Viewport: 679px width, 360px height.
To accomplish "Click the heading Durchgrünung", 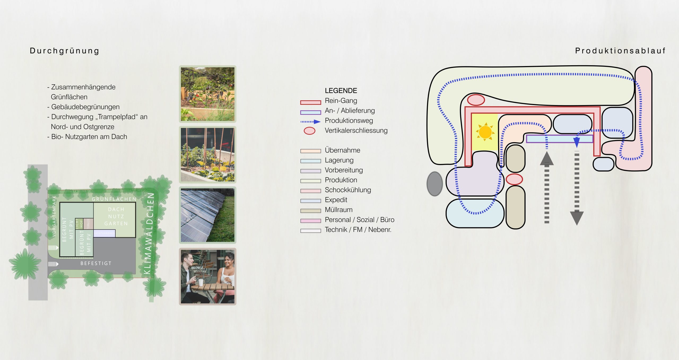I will (x=64, y=51).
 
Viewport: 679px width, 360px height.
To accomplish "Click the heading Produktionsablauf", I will (x=620, y=51).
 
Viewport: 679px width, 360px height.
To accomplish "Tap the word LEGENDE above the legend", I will (x=341, y=91).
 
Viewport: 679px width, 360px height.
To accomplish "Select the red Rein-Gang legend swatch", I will (x=310, y=102).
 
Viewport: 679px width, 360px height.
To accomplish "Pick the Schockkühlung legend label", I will (x=348, y=190).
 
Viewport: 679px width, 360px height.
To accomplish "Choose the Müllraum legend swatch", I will (x=310, y=211).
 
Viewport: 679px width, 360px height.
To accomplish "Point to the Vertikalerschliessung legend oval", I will (x=309, y=131).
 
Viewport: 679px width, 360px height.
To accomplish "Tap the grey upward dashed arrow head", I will (x=547, y=159).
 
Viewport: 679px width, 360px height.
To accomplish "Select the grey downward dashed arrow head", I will (x=577, y=218).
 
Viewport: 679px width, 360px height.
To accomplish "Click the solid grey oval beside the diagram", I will (x=434, y=184).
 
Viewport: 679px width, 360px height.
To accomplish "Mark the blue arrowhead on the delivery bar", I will (x=577, y=142).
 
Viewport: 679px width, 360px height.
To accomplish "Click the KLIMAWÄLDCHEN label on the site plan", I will (x=149, y=233).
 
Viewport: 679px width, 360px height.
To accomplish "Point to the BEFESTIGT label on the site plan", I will (x=96, y=263).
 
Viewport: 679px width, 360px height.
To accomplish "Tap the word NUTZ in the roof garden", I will (x=116, y=216).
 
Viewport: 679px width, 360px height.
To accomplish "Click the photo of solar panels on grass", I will (x=207, y=215).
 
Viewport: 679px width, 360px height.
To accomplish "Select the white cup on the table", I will (x=201, y=282).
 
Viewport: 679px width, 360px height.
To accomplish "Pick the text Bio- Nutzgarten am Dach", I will (x=89, y=137).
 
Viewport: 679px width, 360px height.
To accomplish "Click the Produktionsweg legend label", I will (x=349, y=121).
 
